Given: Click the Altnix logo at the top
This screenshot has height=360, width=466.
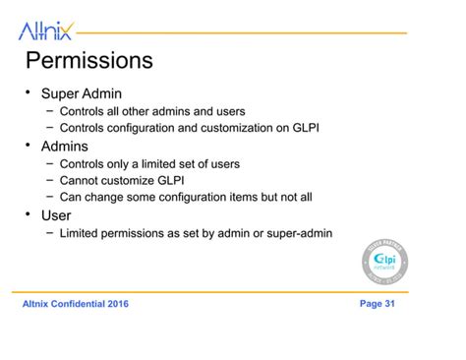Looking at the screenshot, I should [45, 31].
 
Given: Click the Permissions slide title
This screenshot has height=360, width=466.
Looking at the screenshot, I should [88, 61].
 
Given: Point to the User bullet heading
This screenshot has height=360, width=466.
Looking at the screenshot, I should [58, 214].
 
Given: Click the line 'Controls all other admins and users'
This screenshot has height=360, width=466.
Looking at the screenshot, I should [152, 111].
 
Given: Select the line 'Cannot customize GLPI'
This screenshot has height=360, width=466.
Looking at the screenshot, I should [122, 180].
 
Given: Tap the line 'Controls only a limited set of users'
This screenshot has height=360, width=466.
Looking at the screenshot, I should [149, 163].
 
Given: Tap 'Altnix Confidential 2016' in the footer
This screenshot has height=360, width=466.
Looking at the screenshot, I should [75, 304].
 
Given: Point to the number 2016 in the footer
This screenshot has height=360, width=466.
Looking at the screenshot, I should [116, 304].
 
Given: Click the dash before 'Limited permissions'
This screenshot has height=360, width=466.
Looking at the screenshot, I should [49, 233].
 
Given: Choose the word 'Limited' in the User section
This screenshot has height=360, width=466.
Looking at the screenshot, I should [82, 233].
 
